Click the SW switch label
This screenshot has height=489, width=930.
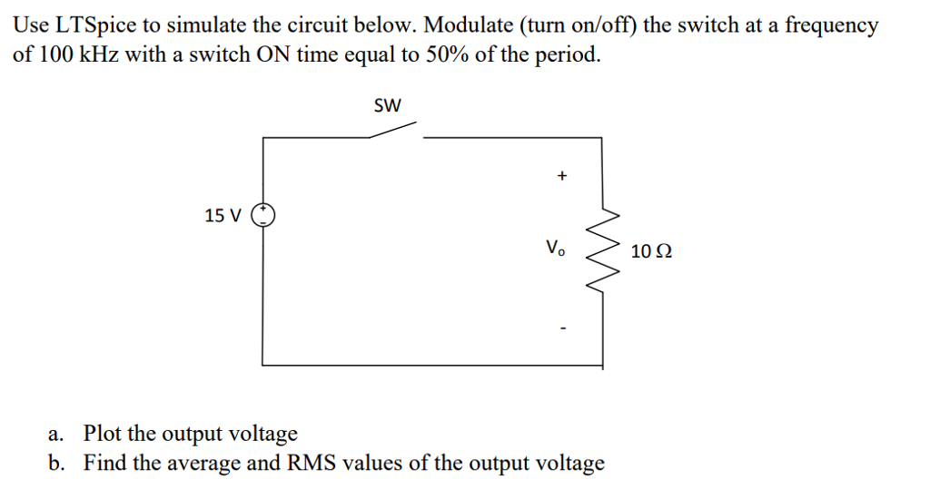point(387,106)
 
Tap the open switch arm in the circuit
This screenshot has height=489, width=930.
point(394,131)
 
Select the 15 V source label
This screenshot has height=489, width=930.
point(223,216)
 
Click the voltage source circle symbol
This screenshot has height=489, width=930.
point(262,215)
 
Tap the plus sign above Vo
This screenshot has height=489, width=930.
point(561,176)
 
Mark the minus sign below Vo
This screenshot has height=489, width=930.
point(562,328)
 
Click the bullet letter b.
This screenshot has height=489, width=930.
point(56,463)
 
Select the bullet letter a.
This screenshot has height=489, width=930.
point(56,434)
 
